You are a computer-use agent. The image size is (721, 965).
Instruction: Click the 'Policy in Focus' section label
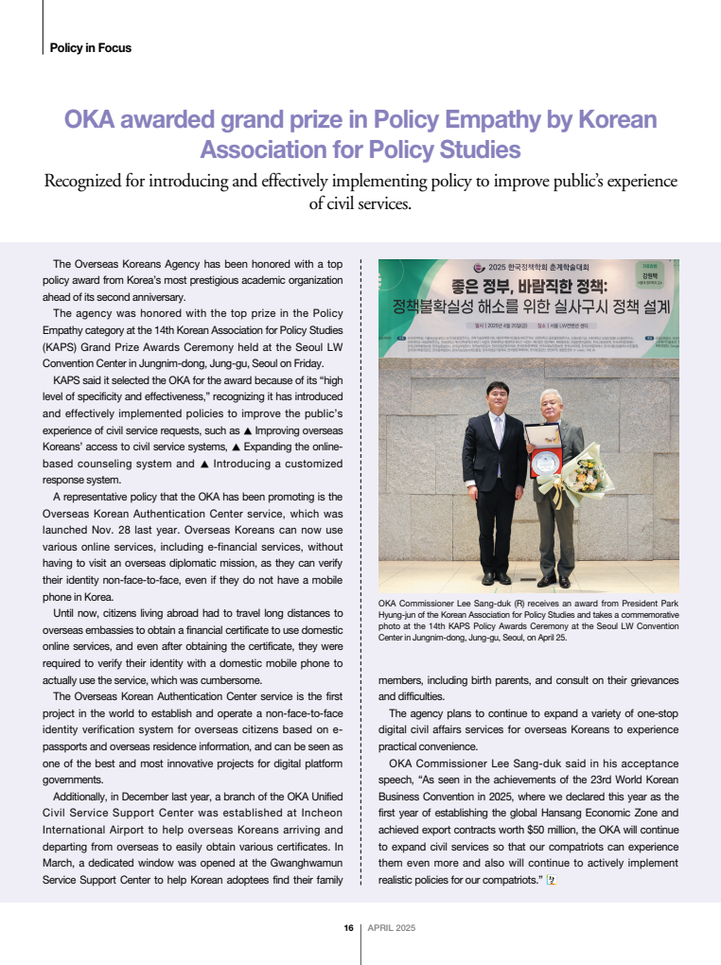click(90, 47)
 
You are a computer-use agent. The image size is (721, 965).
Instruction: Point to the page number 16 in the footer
click(348, 928)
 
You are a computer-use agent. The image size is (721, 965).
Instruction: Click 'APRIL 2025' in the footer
click(391, 928)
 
